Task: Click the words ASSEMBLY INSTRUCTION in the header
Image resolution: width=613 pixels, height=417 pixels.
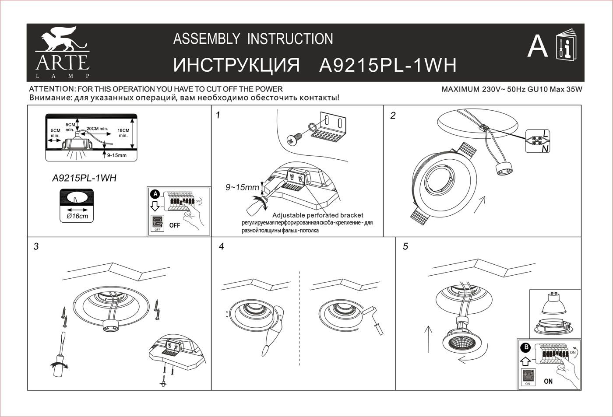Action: tap(253, 39)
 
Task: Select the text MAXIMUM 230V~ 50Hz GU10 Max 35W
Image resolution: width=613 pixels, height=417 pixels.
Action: tap(511, 90)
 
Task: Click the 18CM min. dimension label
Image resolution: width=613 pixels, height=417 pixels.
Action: tap(123, 133)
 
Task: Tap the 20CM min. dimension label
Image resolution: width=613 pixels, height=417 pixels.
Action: tap(97, 129)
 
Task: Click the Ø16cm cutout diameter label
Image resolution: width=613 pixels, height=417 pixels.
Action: tap(77, 216)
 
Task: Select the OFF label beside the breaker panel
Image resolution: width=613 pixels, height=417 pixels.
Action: tap(175, 225)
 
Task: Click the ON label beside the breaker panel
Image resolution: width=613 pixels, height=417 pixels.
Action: tap(548, 381)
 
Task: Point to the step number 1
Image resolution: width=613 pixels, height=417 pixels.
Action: tap(218, 116)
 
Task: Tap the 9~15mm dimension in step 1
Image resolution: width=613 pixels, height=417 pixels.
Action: tap(242, 188)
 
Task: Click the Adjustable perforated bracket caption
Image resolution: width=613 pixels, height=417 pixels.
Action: tap(317, 215)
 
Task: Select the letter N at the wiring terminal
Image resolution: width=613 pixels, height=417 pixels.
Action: tap(545, 149)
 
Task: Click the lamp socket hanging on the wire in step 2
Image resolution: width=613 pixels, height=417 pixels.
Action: tap(504, 169)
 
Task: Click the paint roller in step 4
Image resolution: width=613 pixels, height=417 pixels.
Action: tap(375, 319)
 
